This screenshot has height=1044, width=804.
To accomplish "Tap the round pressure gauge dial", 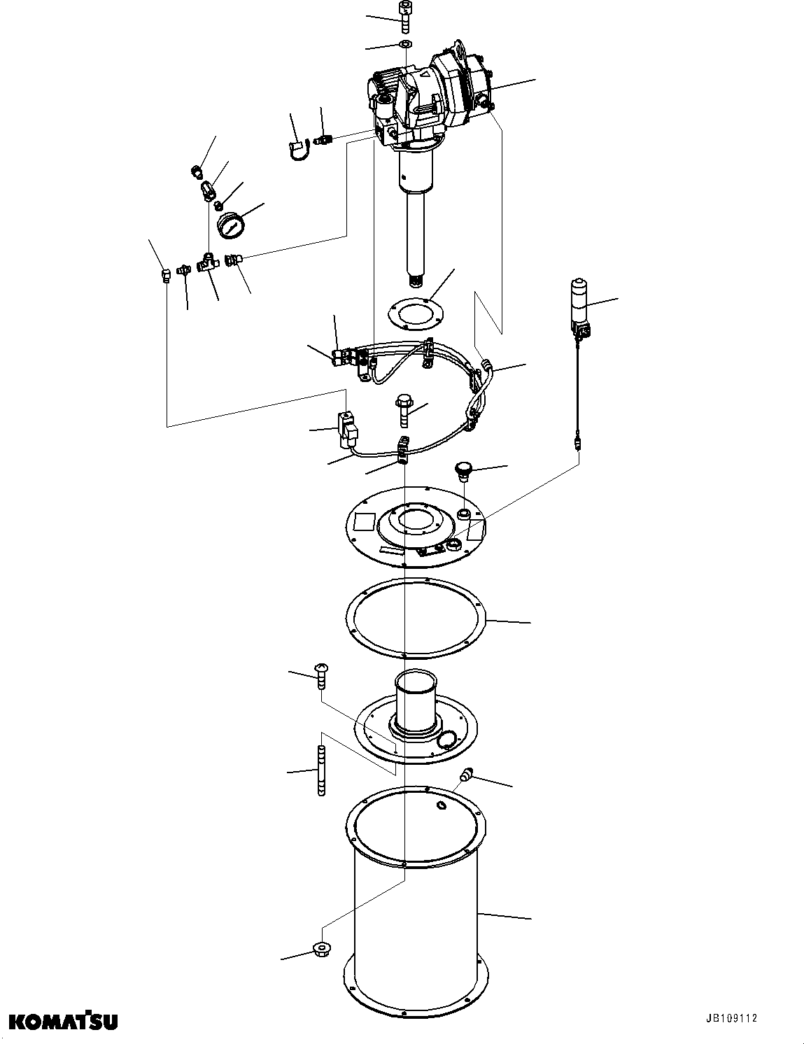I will tap(230, 226).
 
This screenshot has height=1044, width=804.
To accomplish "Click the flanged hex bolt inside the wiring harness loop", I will tap(404, 411).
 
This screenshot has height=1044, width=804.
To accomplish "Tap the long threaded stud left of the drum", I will tap(321, 771).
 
